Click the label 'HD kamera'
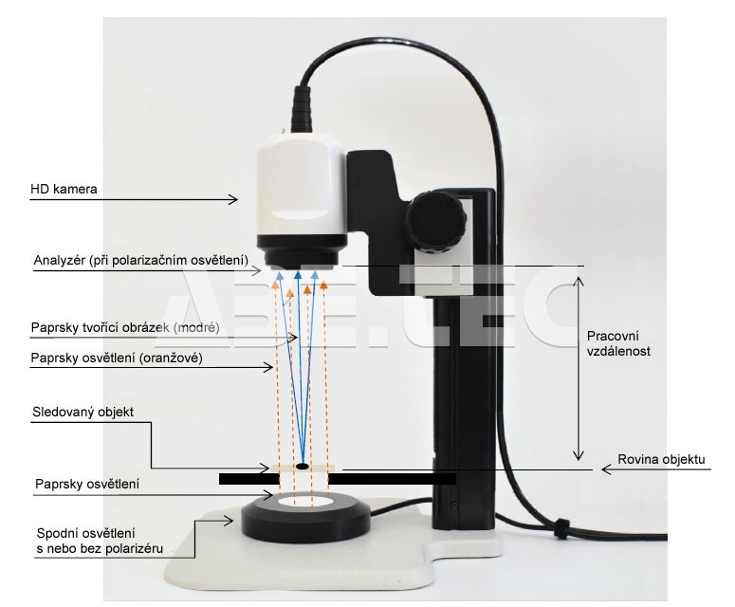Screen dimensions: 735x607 click(64, 189)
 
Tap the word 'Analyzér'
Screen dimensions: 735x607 click(59, 260)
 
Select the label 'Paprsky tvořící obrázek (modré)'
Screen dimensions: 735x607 click(125, 327)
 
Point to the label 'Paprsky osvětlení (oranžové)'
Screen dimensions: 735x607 click(117, 359)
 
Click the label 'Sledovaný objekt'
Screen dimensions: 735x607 click(83, 412)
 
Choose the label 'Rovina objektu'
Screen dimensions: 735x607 click(661, 459)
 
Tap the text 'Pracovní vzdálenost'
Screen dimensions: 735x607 click(618, 343)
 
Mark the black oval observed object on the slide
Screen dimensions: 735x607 click(303, 466)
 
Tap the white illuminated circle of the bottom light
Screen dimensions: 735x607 click(305, 502)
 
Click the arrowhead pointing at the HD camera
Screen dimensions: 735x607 click(233, 199)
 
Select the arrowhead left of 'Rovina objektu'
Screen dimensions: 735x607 click(607, 469)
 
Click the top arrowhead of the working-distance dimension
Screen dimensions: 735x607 click(579, 282)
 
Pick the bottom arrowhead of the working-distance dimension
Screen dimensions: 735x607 click(579, 454)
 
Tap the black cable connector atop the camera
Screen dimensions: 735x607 click(302, 109)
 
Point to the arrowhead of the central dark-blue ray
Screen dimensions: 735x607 click(297, 275)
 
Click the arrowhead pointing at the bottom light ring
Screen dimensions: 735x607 click(230, 521)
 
